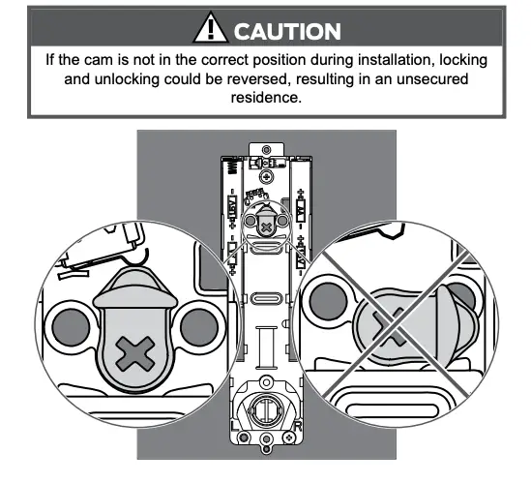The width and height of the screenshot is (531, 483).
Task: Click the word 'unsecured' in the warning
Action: pos(434,78)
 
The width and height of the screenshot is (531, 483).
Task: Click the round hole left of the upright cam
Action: pos(70,325)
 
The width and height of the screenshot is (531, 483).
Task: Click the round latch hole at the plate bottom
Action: pos(265,414)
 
